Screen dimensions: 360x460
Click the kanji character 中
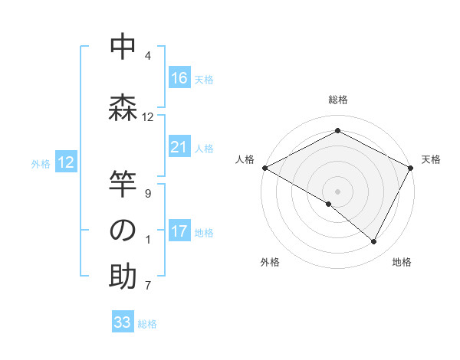click(123, 47)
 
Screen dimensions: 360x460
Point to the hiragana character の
click(123, 231)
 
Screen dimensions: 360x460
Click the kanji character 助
click(123, 277)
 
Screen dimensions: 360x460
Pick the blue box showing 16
click(179, 77)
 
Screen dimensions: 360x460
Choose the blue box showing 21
click(179, 147)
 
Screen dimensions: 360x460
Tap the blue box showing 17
click(179, 231)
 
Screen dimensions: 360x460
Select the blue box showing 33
click(123, 322)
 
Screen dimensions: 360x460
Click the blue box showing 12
click(66, 162)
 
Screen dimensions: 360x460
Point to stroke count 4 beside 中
click(148, 56)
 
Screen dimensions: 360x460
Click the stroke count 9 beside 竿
click(148, 193)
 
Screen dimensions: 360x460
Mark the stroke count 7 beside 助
click(148, 286)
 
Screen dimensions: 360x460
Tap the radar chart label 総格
click(337, 100)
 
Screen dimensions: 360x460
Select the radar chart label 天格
click(431, 159)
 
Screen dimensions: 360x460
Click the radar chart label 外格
click(270, 262)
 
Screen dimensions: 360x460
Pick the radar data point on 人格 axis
click(264, 168)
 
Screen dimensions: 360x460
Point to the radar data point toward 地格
click(374, 241)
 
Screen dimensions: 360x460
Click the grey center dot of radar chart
click(337, 191)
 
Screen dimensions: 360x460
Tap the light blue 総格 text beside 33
click(147, 324)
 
